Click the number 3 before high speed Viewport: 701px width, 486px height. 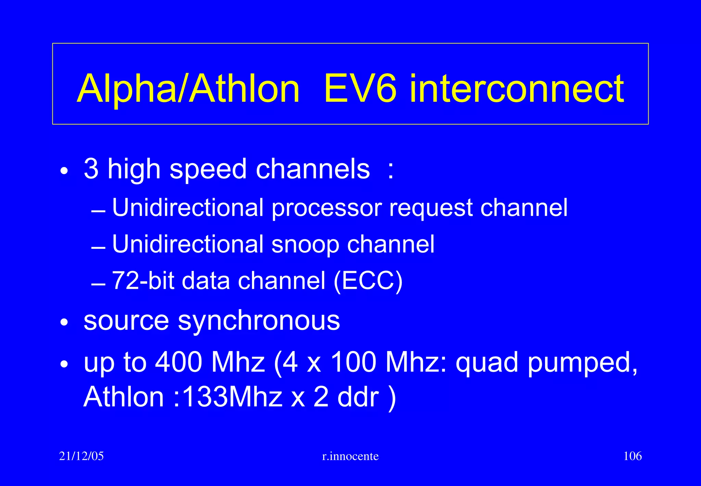coord(91,169)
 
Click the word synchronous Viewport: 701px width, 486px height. coord(259,321)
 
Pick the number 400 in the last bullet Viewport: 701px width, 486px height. coord(178,362)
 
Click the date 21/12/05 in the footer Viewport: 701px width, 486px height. coord(81,456)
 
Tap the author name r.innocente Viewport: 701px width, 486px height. coord(350,456)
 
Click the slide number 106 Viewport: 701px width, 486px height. coord(633,456)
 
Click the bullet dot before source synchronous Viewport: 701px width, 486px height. coord(64,323)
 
